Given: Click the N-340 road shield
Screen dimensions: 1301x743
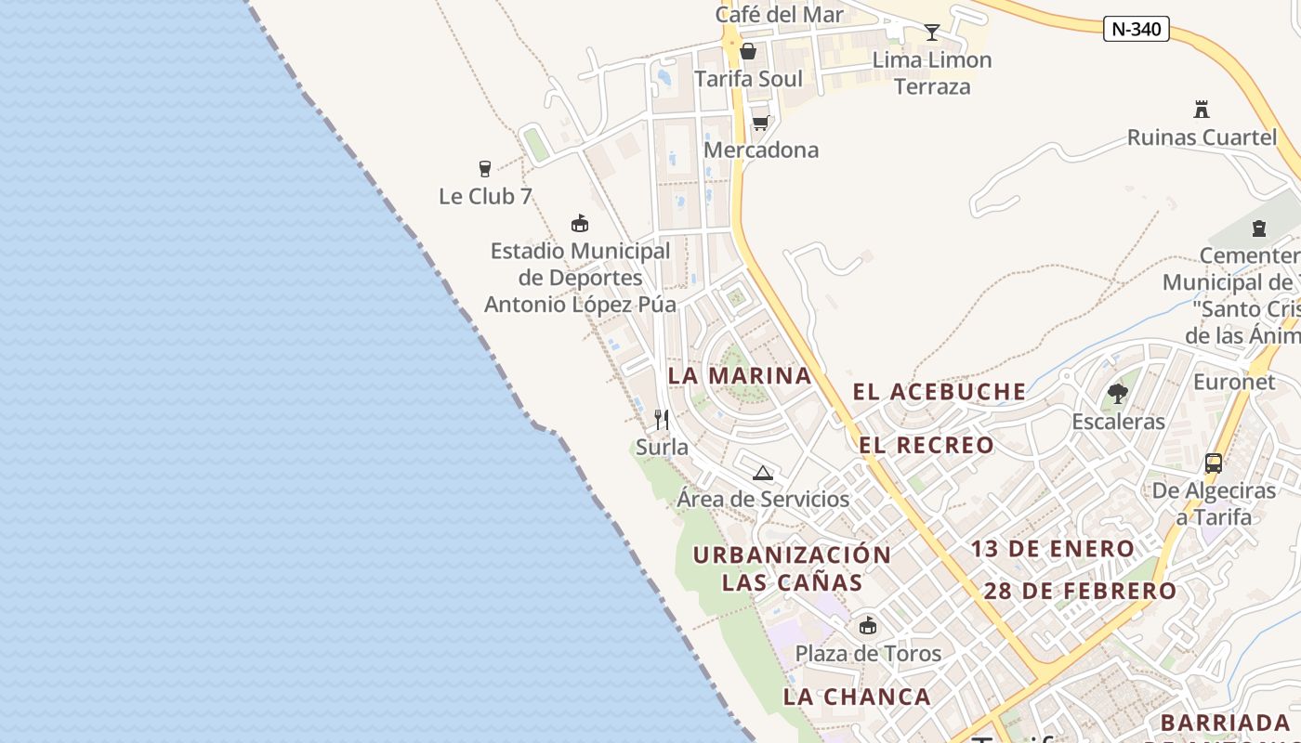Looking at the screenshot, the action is tap(1136, 29).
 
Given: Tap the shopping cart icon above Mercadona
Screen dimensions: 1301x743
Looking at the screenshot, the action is tap(760, 123).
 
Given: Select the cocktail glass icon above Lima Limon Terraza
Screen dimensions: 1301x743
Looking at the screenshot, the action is tap(932, 33).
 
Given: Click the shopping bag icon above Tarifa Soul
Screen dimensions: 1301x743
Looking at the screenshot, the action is tap(748, 51).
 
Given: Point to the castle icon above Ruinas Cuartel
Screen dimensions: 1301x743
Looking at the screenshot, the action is tap(1202, 110).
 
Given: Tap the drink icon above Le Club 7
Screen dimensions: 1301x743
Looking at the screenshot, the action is tap(484, 168).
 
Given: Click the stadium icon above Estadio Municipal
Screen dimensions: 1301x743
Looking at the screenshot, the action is tap(580, 223).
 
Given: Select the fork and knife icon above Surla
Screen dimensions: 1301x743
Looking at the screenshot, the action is tap(662, 420).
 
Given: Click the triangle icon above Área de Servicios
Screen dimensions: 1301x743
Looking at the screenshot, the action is tap(763, 473).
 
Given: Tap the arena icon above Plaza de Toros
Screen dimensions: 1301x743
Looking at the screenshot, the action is tap(868, 625).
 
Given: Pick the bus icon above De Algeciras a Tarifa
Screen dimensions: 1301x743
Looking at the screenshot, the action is tap(1213, 463).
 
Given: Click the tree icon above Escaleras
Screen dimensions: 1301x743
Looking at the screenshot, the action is tap(1118, 395).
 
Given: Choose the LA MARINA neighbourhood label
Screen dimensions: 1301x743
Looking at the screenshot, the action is tap(740, 376).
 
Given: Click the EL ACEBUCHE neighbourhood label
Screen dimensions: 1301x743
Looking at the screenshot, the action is tap(940, 392).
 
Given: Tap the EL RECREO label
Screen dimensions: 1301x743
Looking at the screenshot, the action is tap(926, 445).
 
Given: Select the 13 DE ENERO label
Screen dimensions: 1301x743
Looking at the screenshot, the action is tap(1053, 549).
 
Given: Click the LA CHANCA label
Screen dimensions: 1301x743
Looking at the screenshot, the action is tap(857, 697).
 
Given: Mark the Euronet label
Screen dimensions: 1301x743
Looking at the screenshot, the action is tap(1234, 382).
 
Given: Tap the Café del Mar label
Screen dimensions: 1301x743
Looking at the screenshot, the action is tap(779, 14).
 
